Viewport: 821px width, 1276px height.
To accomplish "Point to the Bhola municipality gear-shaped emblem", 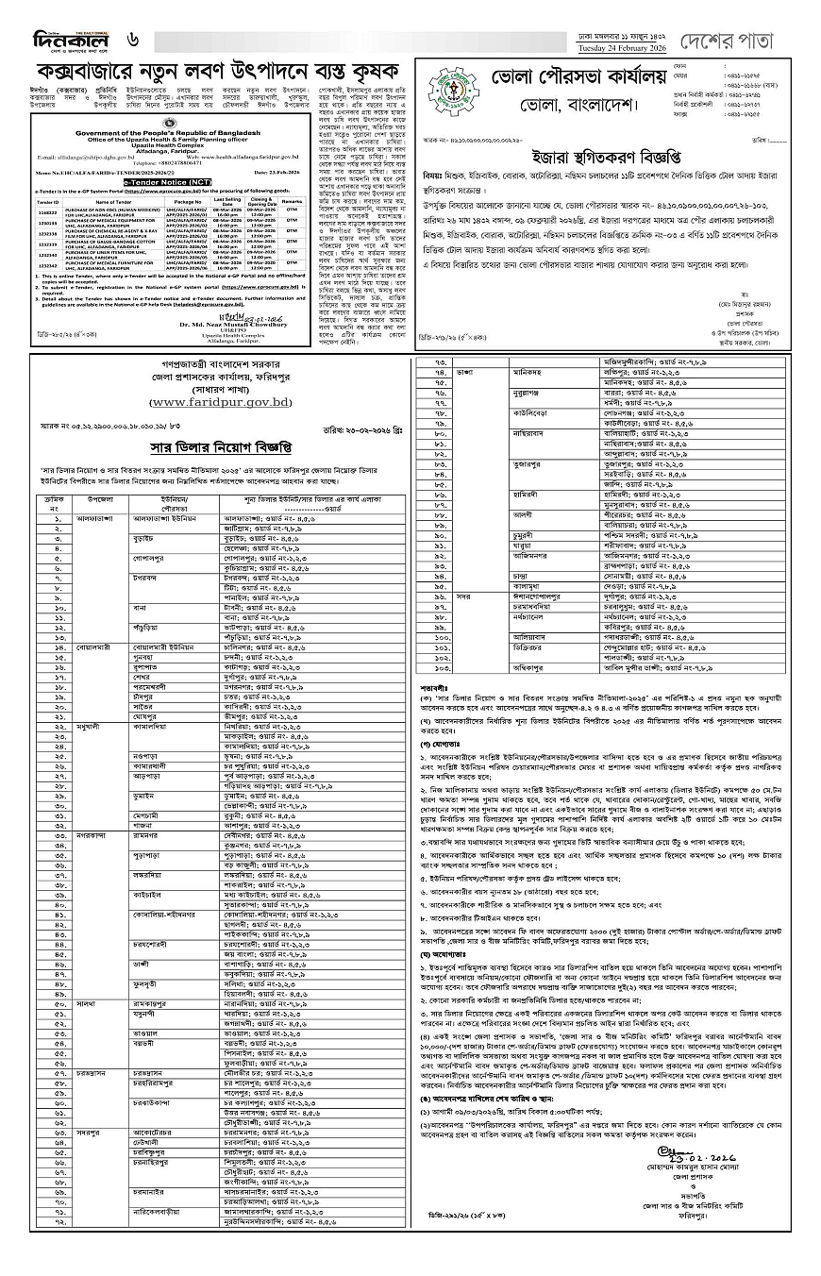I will pyautogui.click(x=444, y=89).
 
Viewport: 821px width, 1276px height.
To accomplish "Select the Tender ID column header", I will pyautogui.click(x=48, y=201).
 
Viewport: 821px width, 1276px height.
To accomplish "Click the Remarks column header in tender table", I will pyautogui.click(x=295, y=201).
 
